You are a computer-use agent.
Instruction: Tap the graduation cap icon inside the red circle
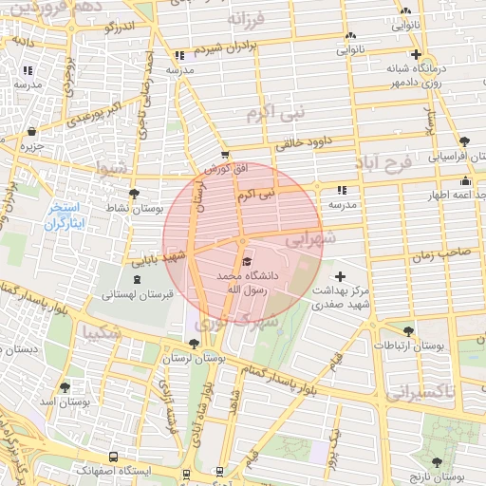click(x=246, y=262)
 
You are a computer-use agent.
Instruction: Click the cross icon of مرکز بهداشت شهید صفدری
click(x=340, y=276)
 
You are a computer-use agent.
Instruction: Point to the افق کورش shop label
click(x=225, y=168)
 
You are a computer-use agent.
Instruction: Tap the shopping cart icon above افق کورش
click(x=224, y=155)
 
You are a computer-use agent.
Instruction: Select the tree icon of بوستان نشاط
click(x=133, y=194)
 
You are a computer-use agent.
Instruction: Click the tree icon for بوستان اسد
click(x=65, y=387)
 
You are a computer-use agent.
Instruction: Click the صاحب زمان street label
click(x=441, y=255)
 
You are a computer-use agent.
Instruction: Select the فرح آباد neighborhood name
click(x=385, y=163)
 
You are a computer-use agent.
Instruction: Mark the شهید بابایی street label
click(x=158, y=256)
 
